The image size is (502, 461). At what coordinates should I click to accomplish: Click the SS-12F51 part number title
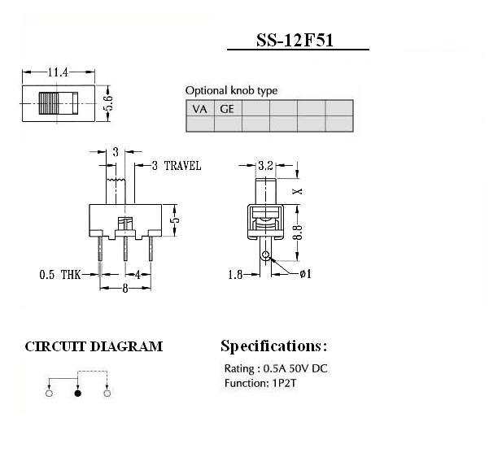295,41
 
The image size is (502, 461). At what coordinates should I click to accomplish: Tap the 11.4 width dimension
58,72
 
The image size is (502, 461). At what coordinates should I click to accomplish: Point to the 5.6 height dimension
108,103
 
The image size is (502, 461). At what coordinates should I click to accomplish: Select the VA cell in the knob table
200,109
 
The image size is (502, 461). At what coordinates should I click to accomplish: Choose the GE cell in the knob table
227,109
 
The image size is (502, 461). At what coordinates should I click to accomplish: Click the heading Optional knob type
231,90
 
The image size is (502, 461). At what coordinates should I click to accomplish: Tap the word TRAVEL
182,166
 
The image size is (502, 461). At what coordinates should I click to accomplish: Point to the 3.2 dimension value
265,165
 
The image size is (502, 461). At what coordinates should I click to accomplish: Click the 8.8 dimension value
298,233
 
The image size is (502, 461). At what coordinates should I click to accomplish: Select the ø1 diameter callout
305,274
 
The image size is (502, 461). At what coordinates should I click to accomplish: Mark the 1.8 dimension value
235,275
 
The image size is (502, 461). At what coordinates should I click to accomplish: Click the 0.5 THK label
60,275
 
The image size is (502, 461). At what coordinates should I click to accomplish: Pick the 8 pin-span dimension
125,289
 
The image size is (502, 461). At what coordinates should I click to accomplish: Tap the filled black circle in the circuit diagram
78,394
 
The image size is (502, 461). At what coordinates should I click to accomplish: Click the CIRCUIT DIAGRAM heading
94,347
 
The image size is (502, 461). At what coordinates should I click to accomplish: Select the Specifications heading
274,346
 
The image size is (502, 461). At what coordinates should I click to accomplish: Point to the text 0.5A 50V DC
295,368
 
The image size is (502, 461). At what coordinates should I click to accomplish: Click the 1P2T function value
284,383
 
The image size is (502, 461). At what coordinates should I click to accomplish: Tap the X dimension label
298,191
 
